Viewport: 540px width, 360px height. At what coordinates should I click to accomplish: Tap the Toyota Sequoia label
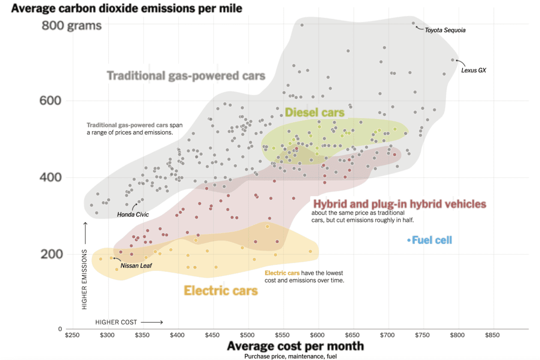tap(445, 30)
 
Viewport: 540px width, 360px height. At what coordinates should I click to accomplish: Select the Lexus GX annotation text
tap(474, 71)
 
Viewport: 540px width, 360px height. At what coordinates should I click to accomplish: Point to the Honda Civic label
tap(133, 215)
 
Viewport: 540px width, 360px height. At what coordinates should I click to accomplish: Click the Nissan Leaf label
tap(136, 265)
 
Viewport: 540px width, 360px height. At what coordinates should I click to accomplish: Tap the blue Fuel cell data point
tap(409, 240)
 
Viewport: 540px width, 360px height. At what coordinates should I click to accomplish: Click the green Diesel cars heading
tap(315, 112)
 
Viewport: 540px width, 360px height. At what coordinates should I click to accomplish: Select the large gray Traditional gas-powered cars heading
tap(186, 75)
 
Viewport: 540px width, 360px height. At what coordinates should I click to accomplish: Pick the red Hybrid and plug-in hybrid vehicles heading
tap(400, 204)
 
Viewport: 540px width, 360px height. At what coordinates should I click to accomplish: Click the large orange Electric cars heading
tap(221, 290)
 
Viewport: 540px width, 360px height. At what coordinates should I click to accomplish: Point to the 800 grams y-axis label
tap(72, 25)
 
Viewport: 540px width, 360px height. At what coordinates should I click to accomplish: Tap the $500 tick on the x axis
tap(248, 334)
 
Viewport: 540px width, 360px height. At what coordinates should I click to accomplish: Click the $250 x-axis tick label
tap(73, 334)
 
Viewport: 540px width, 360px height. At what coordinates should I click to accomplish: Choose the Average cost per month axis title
tap(295, 346)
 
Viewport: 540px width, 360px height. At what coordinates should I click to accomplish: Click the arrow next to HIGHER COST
tap(152, 322)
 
